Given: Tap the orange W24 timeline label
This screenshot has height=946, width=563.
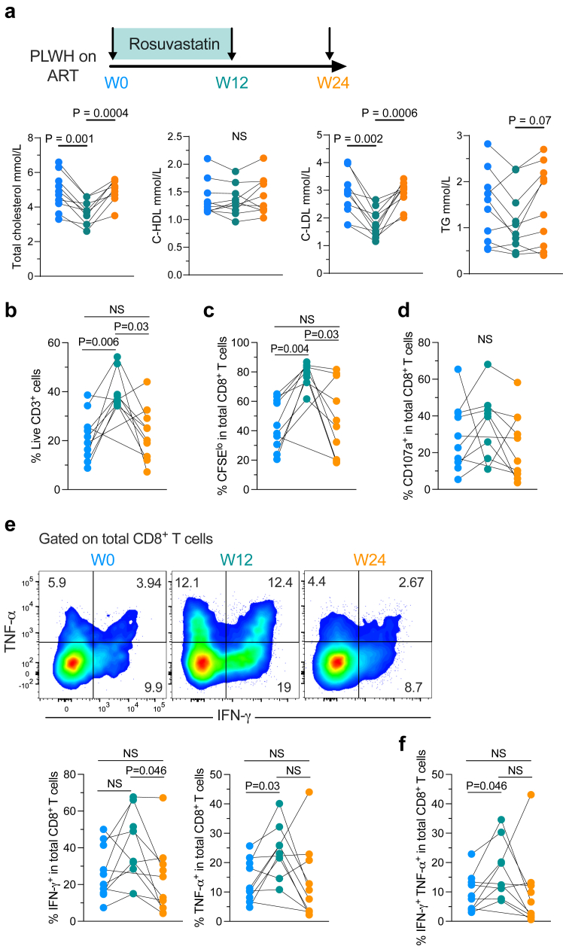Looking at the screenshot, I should pos(331,81).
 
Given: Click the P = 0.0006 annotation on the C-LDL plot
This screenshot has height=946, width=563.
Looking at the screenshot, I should pos(390,113).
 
